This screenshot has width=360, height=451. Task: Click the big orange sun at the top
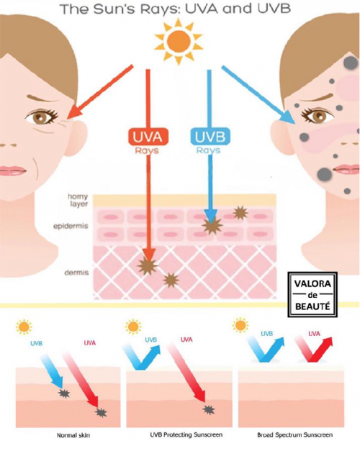coord(179,41)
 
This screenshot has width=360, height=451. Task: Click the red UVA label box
coord(148,137)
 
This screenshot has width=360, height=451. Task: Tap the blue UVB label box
coord(210,137)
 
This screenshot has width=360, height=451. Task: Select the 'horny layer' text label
coord(78,200)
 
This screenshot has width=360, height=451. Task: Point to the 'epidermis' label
coord(71,227)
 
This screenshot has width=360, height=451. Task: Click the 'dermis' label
coord(76,273)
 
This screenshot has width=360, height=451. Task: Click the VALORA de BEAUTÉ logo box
coord(312,294)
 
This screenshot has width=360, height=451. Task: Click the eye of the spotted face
coord(317,116)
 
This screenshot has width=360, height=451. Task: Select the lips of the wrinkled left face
coord(12,170)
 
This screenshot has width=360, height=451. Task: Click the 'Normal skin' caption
coord(73,435)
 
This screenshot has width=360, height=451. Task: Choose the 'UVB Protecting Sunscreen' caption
coord(186,434)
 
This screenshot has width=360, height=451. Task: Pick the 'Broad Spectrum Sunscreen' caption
coord(295,434)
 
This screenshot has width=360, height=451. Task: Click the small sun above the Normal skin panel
coord(24,327)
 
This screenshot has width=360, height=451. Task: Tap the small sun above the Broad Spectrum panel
coord(240,325)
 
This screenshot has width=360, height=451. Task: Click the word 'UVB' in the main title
coord(274,9)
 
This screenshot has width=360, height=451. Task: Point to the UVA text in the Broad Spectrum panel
coord(314,334)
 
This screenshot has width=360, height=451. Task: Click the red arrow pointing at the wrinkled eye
coord(100,92)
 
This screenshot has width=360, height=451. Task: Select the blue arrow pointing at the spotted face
coord(258,95)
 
